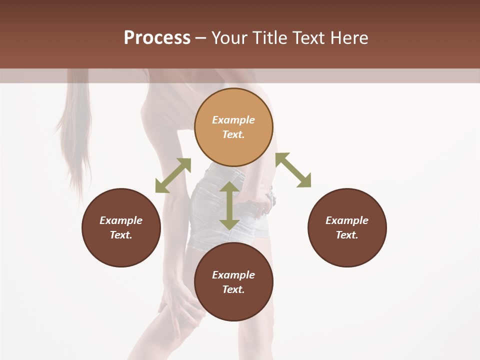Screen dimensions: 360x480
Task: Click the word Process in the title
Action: (x=157, y=38)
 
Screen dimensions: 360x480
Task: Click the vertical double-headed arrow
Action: (x=229, y=205)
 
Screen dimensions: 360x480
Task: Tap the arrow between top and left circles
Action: (x=173, y=175)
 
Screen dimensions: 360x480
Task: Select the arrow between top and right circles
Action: (x=293, y=170)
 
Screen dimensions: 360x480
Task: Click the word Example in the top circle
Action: (x=233, y=120)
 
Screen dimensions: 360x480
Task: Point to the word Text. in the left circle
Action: (x=121, y=235)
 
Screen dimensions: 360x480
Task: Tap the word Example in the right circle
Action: (x=347, y=220)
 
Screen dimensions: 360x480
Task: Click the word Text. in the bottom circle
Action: (x=233, y=289)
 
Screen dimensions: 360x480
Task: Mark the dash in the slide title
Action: (x=200, y=38)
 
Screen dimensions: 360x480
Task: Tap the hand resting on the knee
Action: (x=180, y=305)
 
